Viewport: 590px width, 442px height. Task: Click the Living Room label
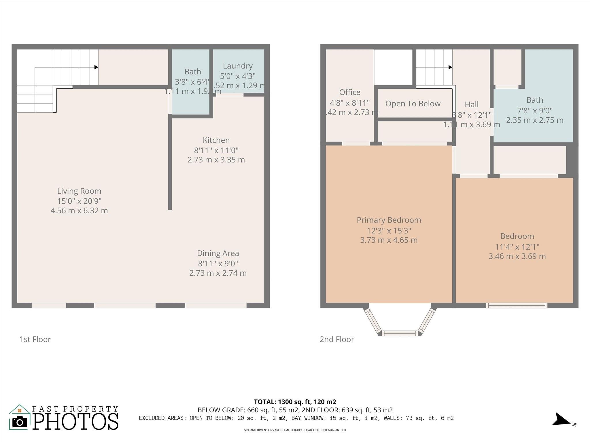[79, 191]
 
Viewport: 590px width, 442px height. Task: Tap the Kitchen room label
[216, 140]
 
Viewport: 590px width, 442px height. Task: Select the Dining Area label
[218, 253]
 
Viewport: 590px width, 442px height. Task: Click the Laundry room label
[238, 66]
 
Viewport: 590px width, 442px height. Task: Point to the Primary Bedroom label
[389, 220]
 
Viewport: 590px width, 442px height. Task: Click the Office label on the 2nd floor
[350, 92]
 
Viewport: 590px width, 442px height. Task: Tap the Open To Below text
[413, 104]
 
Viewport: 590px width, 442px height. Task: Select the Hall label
[472, 104]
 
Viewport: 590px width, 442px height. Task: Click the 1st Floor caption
[35, 340]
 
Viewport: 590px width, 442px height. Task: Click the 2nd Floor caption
[337, 340]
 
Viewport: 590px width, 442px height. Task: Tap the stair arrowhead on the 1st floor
[97, 67]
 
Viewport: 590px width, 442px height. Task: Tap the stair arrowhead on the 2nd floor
[450, 67]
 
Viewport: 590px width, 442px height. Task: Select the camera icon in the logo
[20, 422]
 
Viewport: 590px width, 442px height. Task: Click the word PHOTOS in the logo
[75, 422]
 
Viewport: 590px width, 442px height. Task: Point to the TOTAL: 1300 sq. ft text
[295, 402]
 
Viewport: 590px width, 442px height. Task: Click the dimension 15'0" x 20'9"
[79, 201]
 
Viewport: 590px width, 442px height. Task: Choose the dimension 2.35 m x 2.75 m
[535, 120]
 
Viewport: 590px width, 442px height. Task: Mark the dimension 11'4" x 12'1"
[517, 247]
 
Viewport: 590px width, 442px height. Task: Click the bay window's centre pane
[400, 333]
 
